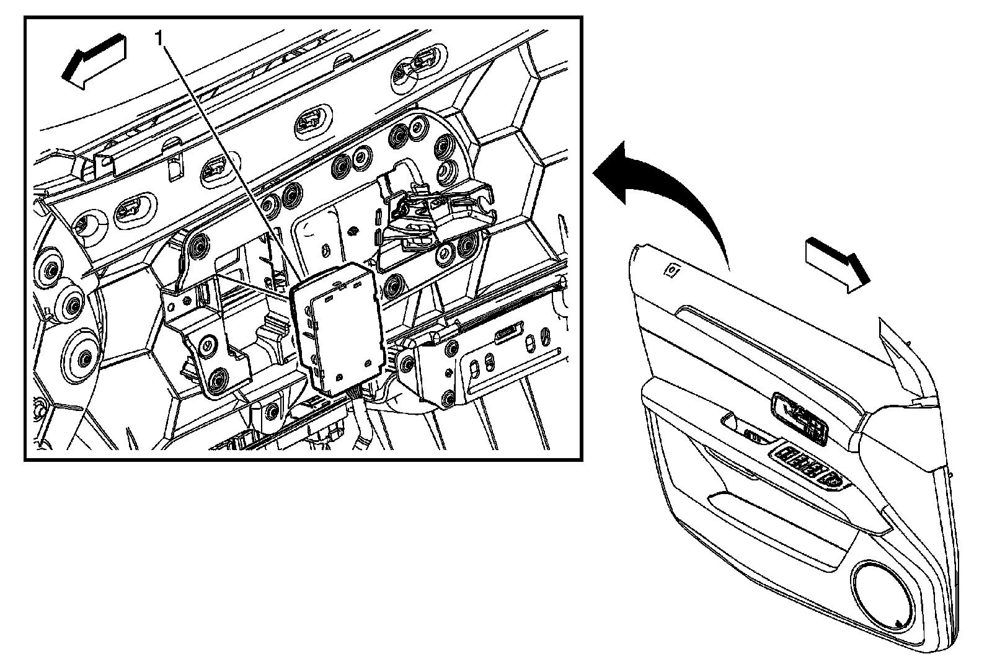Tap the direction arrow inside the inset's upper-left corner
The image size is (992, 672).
(94, 61)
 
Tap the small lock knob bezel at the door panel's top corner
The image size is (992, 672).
(671, 270)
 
